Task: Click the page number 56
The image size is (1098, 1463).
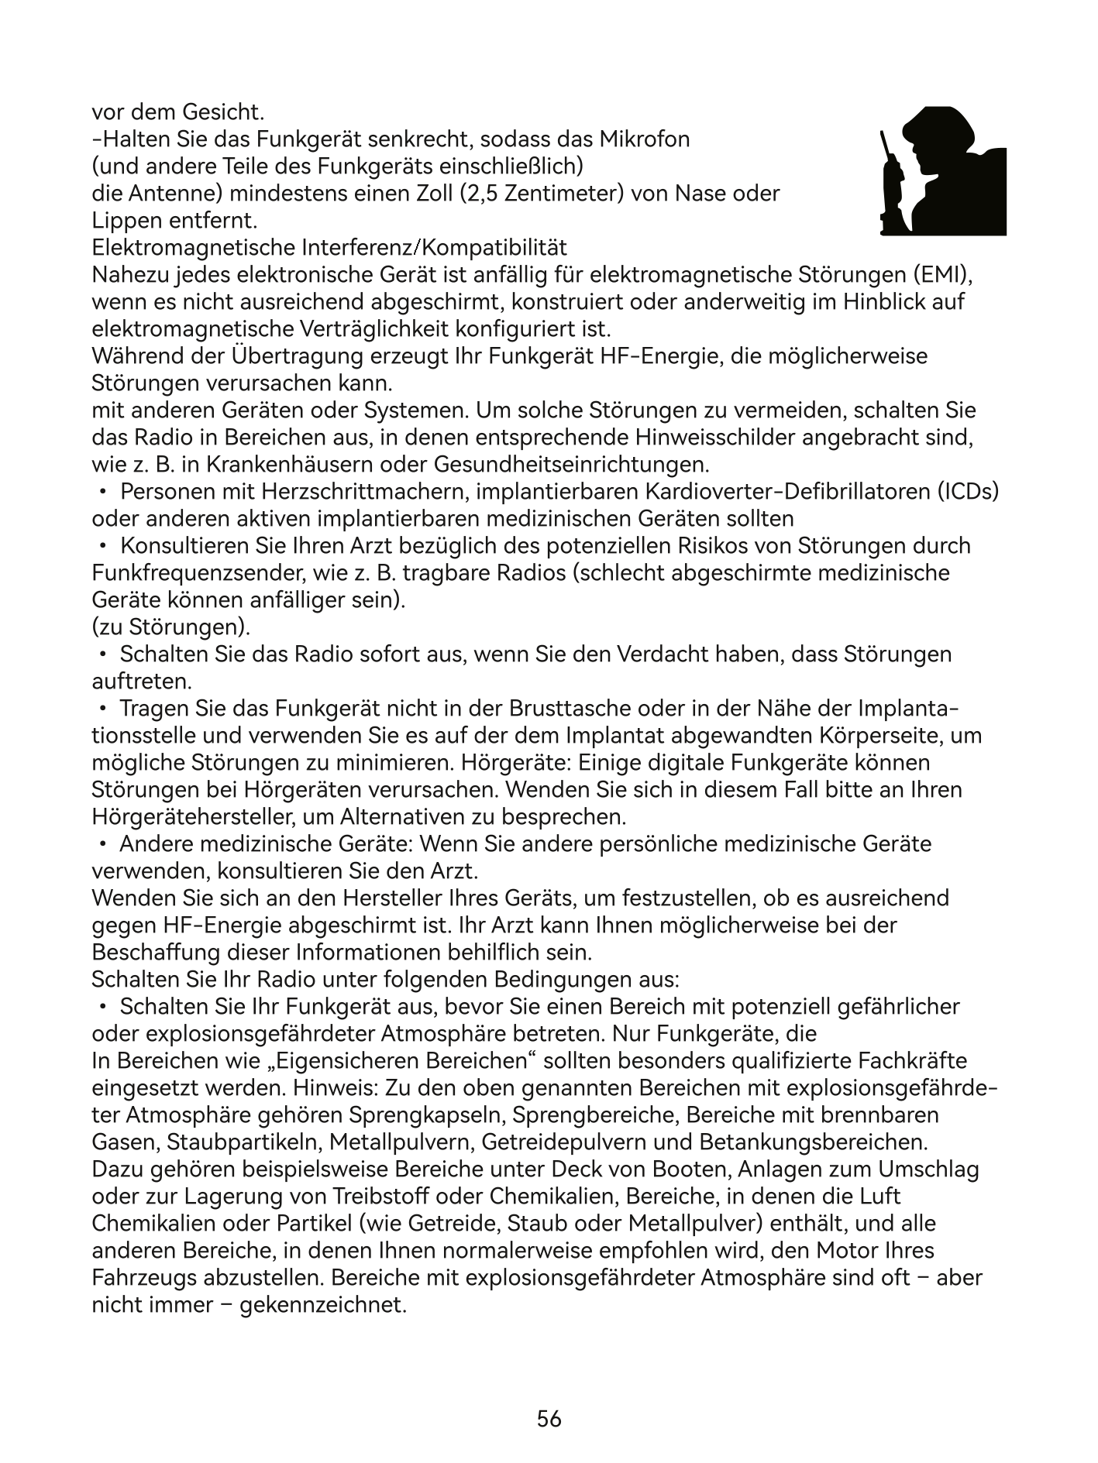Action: coord(549,1418)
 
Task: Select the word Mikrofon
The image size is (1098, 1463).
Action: coord(645,139)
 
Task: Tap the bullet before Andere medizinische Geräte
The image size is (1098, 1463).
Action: coord(102,844)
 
